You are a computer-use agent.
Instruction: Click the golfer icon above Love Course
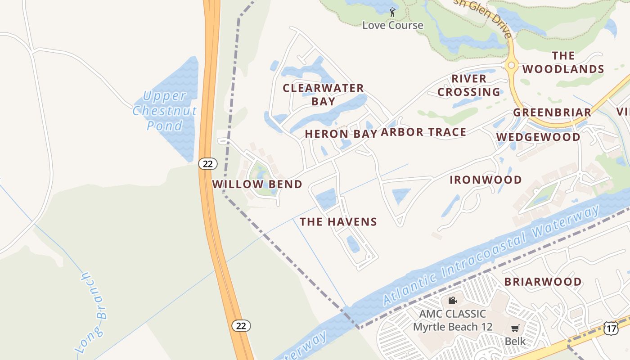pos(392,12)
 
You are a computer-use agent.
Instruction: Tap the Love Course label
pos(393,25)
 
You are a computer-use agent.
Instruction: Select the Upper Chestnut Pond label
pos(164,111)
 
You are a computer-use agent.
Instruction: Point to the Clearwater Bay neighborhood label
pos(323,94)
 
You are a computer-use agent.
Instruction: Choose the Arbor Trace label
pos(423,132)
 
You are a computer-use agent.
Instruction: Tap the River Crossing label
pos(469,85)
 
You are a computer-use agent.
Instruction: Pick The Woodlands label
pos(563,62)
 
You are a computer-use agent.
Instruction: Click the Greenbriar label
pos(552,112)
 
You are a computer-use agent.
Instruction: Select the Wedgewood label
pos(538,137)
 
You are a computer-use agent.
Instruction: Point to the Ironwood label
pos(486,180)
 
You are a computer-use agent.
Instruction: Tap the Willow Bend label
pos(257,184)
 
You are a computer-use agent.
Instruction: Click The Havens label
pos(338,221)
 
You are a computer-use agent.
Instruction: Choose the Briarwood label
pos(543,282)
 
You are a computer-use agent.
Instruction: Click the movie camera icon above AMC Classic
pos(452,300)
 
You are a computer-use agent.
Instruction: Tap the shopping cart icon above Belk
pos(515,328)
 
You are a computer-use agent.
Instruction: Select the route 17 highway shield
pos(611,328)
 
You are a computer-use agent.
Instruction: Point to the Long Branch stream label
pos(92,310)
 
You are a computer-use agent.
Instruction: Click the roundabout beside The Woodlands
pos(511,65)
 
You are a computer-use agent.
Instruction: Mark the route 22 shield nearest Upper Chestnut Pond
pos(207,164)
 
